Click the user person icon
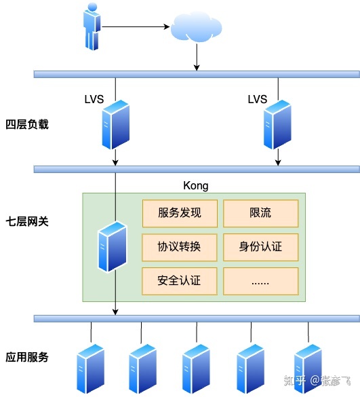pos(92,27)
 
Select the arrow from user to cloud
pos(136,28)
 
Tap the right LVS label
pos(257,99)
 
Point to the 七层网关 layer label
pos(27,221)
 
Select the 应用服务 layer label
pos(27,357)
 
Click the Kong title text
pos(196,185)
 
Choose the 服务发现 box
pos(180,213)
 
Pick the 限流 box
pos(260,213)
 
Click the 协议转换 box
pos(180,247)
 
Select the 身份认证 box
pos(260,247)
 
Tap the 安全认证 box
pos(180,280)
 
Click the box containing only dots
pos(260,280)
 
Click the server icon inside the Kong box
pos(112,247)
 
